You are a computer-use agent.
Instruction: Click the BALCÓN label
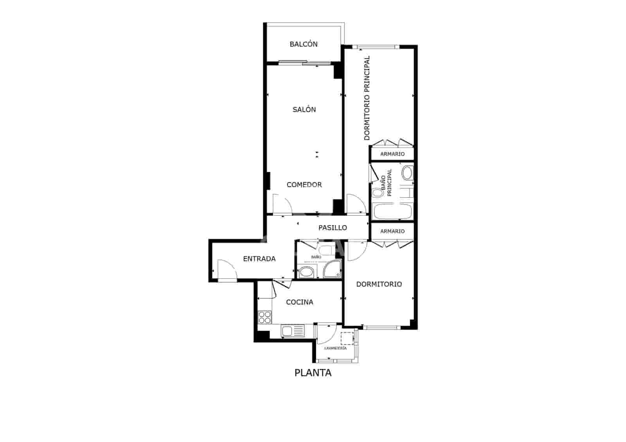click(304, 44)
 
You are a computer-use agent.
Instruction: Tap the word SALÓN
click(304, 109)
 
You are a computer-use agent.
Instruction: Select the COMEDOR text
click(304, 185)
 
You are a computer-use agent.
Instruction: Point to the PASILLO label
click(333, 227)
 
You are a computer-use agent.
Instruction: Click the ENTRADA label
click(259, 259)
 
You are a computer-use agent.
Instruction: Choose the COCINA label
click(299, 302)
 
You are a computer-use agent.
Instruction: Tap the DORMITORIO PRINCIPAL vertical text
click(367, 98)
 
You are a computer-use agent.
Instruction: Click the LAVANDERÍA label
click(335, 348)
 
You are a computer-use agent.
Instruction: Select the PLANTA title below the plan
click(313, 373)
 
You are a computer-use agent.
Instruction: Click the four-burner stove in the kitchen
click(265, 317)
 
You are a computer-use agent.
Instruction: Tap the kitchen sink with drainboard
click(292, 331)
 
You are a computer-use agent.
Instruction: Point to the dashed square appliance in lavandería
click(347, 338)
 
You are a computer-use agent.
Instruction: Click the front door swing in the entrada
click(227, 270)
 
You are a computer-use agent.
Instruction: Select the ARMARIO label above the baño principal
click(392, 154)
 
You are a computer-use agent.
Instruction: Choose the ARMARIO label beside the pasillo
click(392, 231)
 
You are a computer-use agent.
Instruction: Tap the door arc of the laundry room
click(327, 332)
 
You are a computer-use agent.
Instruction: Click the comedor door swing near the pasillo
click(282, 204)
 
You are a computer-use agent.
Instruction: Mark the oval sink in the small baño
click(306, 272)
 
